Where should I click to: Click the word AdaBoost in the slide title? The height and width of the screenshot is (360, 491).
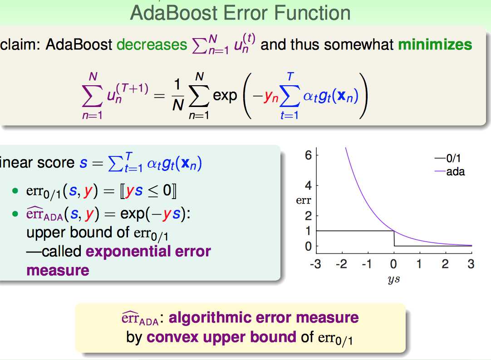click(174, 13)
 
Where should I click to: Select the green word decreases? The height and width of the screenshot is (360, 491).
click(152, 45)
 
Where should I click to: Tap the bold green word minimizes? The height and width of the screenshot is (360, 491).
click(435, 44)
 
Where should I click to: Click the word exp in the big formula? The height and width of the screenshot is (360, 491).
click(225, 96)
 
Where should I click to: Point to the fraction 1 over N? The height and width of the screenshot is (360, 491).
click(177, 95)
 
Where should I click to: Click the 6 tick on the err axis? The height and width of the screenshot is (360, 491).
click(309, 155)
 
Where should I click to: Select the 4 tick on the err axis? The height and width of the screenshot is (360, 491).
click(309, 185)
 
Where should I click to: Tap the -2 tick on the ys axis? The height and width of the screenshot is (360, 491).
click(341, 264)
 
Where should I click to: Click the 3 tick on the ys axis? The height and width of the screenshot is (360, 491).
click(471, 264)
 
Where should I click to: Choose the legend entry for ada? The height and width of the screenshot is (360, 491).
click(450, 172)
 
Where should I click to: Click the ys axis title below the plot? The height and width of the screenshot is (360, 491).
click(393, 279)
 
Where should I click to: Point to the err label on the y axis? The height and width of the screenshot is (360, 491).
click(304, 200)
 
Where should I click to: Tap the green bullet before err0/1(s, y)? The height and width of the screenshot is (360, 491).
click(15, 190)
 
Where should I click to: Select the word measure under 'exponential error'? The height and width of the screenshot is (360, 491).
click(58, 271)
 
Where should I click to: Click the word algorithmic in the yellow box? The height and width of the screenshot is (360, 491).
click(210, 318)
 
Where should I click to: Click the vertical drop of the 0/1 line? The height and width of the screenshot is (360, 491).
click(394, 238)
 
